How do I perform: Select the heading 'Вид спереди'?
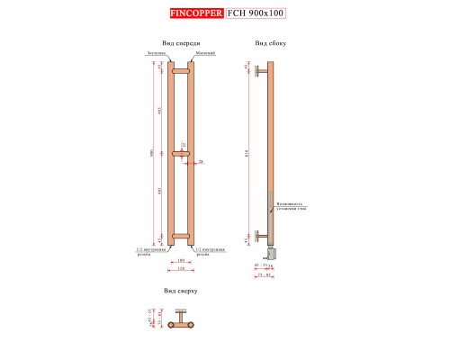click(181, 43)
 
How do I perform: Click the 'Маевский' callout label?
click(205, 54)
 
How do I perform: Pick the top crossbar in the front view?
click(180, 70)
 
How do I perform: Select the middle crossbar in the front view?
click(180, 154)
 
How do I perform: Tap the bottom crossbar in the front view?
click(180, 238)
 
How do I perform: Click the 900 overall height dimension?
click(152, 153)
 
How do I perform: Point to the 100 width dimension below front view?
click(180, 260)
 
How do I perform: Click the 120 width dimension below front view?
click(180, 268)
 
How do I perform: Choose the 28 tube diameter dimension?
click(201, 162)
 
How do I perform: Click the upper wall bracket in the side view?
click(261, 68)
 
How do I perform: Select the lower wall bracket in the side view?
click(261, 236)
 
